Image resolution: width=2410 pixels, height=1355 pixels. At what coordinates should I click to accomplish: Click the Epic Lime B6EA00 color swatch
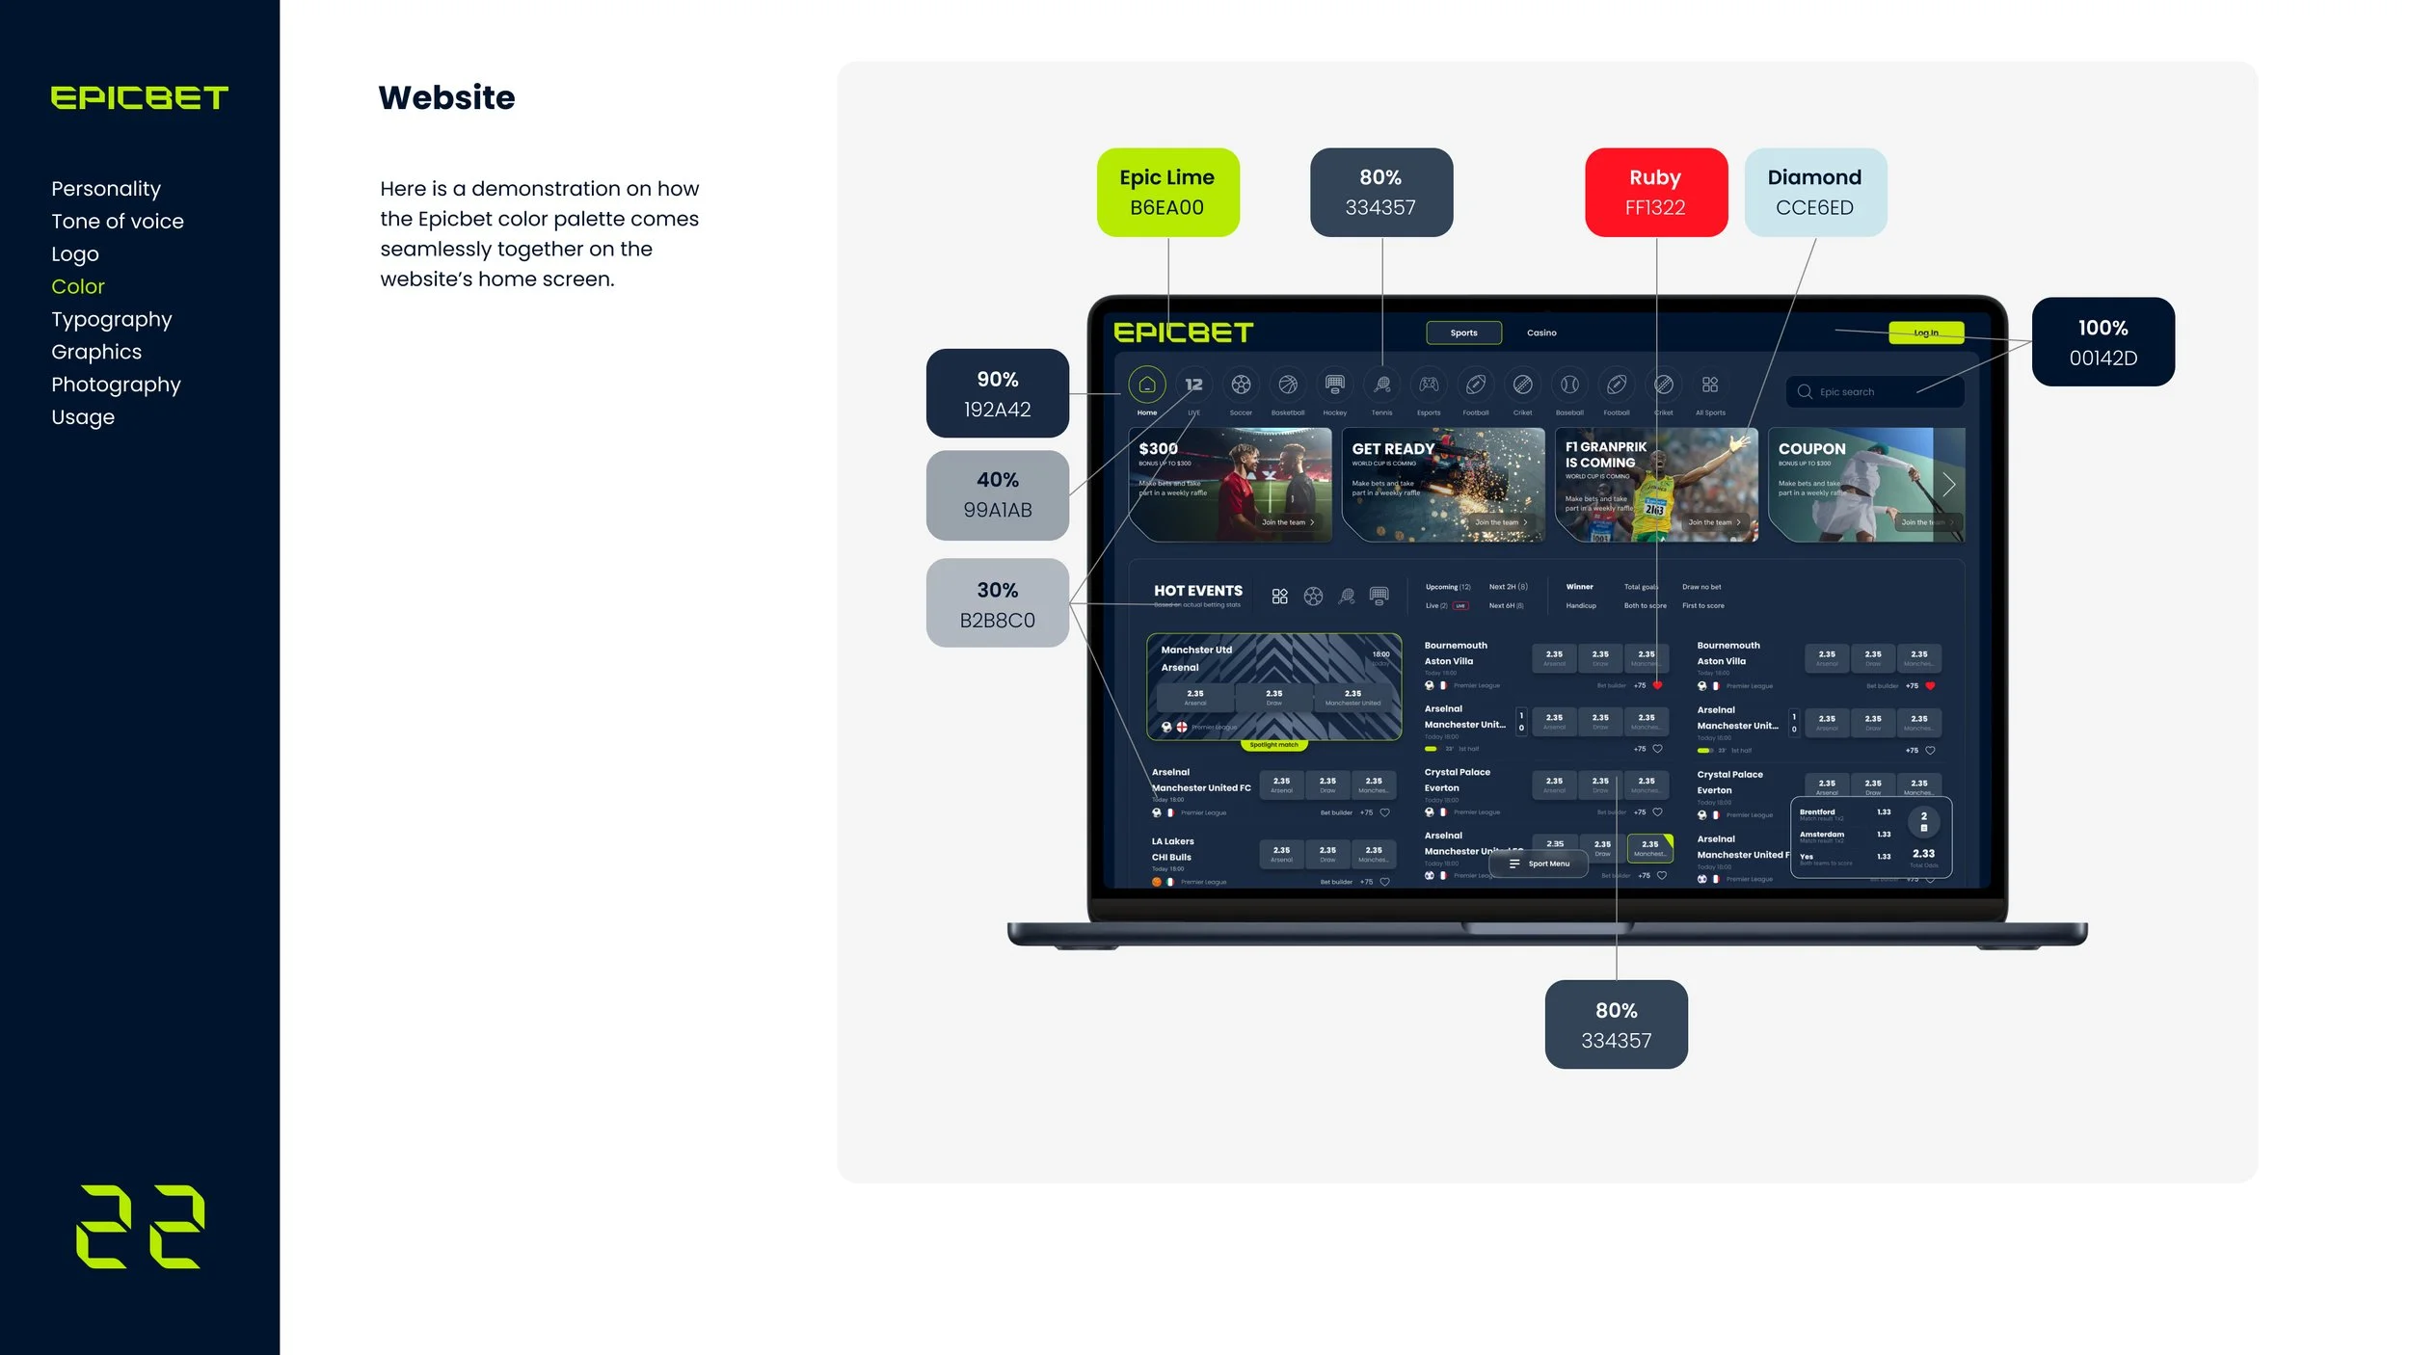(1167, 192)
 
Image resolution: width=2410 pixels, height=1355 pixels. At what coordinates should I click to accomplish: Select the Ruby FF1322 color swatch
(1655, 192)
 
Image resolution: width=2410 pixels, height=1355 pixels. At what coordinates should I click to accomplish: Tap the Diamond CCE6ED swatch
(1814, 192)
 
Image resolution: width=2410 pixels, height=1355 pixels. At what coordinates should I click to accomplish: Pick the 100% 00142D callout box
(2102, 342)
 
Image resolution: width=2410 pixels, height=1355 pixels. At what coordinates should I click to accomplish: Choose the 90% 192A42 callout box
(997, 393)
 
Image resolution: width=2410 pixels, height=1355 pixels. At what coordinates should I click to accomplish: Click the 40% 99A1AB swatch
(997, 494)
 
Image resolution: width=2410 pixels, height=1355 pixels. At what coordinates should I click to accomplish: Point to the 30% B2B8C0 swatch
(997, 603)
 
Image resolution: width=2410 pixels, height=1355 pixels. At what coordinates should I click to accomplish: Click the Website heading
(446, 97)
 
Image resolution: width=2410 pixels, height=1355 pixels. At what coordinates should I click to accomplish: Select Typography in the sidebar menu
(111, 319)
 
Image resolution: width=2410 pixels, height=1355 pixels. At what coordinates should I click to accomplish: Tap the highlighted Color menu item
(77, 286)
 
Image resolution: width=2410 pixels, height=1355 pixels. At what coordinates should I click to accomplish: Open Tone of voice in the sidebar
(117, 221)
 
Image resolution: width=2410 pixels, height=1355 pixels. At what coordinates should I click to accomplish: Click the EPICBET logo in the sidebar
(139, 97)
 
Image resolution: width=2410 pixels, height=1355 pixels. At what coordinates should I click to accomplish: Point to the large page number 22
(140, 1226)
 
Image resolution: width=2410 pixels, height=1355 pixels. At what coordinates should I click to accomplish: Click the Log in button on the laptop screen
(1925, 332)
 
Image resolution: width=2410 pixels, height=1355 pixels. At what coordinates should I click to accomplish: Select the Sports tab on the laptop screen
(1463, 332)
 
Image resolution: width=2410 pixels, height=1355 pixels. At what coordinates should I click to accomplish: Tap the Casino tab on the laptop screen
(1541, 332)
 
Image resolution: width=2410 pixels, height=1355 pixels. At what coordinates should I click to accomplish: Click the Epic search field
(1873, 391)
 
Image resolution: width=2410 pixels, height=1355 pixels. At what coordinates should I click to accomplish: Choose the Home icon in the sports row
(1146, 385)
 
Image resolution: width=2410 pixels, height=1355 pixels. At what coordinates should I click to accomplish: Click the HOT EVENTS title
(1197, 591)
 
